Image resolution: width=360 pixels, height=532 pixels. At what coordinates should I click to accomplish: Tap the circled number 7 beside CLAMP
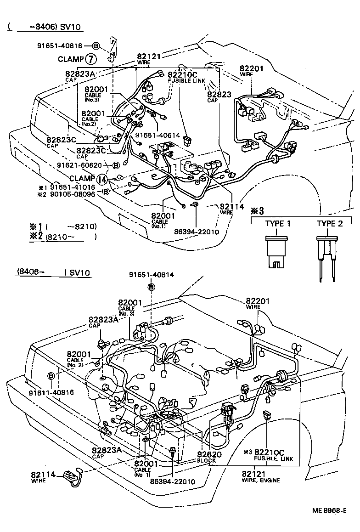(91, 59)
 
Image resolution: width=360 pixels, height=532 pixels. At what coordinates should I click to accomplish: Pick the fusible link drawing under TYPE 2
(327, 257)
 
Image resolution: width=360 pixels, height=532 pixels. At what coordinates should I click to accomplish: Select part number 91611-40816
(51, 392)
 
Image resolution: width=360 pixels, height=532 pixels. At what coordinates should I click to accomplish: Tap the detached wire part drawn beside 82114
(71, 476)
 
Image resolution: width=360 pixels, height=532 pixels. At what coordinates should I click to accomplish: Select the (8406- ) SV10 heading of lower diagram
(53, 272)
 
